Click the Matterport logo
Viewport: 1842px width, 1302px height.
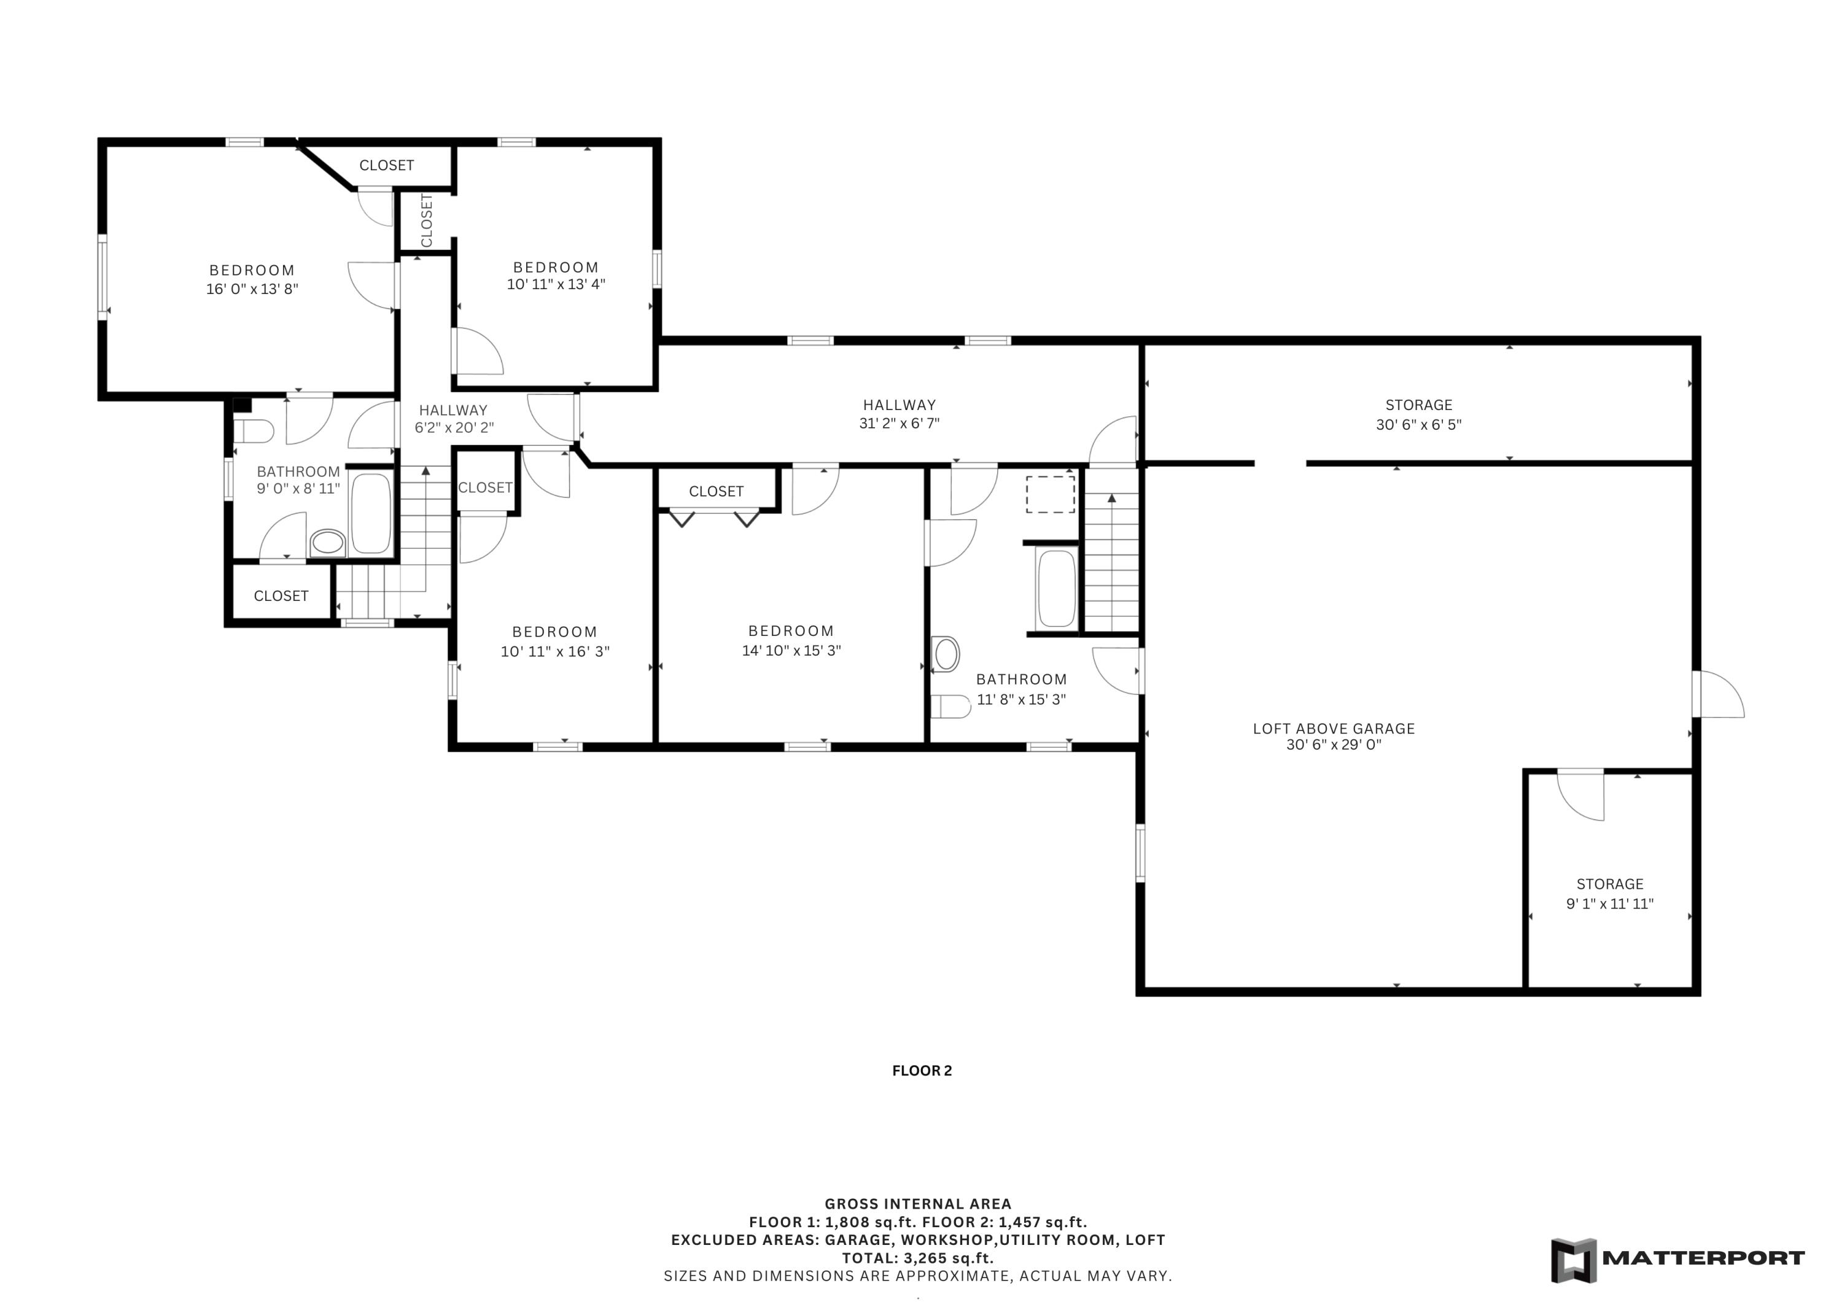1677,1260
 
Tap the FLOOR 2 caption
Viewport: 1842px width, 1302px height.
922,1070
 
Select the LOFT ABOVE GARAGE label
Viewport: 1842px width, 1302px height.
1334,729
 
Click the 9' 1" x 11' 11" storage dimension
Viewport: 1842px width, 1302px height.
1609,904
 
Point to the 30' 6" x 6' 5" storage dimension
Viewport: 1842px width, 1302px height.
1418,424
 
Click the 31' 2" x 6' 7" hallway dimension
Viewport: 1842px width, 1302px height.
900,423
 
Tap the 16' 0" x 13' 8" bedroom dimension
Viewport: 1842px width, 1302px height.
252,289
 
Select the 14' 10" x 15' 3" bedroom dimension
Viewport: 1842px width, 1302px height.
791,651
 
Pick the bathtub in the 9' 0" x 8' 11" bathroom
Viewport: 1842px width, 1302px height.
371,513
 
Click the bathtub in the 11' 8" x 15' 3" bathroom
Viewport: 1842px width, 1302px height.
1056,589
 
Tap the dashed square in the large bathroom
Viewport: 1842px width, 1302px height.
1050,494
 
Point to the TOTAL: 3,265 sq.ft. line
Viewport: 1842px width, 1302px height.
918,1258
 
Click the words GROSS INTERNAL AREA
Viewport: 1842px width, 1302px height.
918,1203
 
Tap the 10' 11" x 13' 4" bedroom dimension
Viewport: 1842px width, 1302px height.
556,284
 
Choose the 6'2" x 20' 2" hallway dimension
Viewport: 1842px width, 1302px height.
454,428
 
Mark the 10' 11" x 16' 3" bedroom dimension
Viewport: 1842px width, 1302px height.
555,651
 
